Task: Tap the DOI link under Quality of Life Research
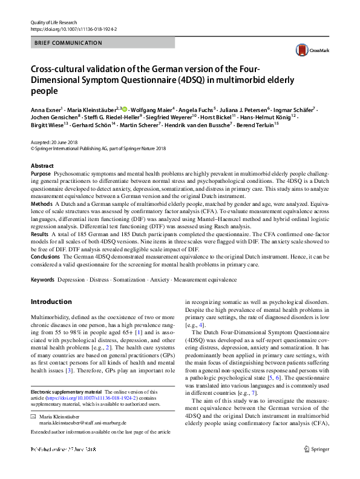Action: click(73, 29)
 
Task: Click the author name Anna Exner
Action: click(44, 108)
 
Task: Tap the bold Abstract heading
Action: click(42, 165)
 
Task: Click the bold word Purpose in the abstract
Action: click(41, 174)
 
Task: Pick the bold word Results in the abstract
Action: click(39, 234)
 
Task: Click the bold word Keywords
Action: click(42, 280)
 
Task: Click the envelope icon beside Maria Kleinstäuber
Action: click(33, 417)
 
